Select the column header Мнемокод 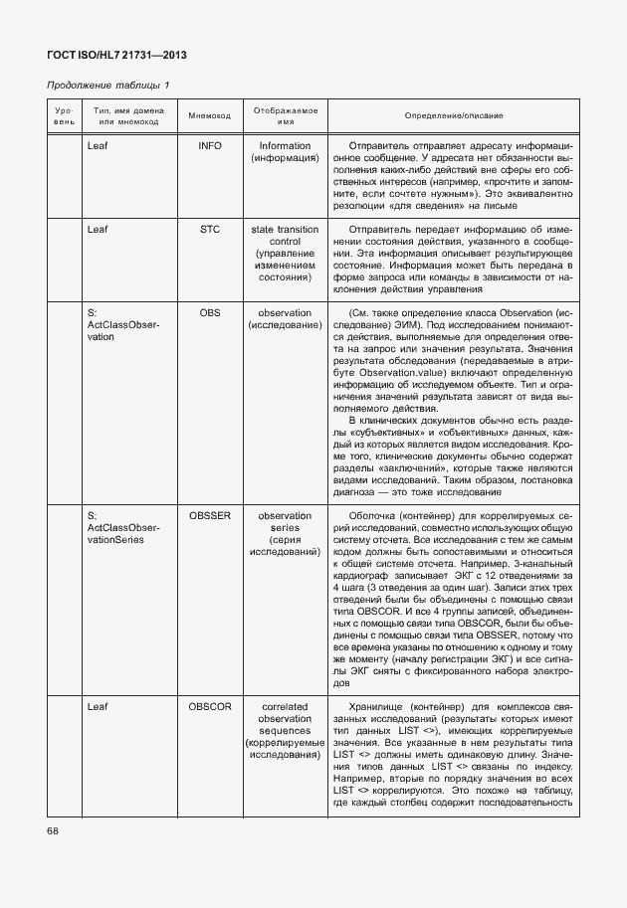coord(210,116)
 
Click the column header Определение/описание coord(454,116)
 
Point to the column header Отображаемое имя coord(286,116)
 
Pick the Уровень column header coord(64,116)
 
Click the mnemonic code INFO coord(210,145)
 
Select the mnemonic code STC coord(210,230)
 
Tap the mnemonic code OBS coord(210,313)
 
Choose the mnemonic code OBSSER coord(210,516)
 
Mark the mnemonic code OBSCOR coord(210,707)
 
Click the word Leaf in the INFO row coord(98,145)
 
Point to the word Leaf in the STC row coord(98,230)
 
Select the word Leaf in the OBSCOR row coord(98,707)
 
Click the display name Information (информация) coord(286,151)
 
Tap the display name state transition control coord(286,236)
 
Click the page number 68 coord(54,830)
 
